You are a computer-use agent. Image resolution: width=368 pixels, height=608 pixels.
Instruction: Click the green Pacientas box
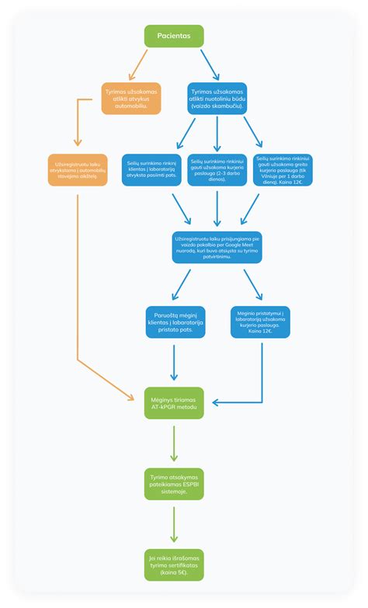point(174,36)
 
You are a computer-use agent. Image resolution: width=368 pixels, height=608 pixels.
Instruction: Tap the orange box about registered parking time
point(77,170)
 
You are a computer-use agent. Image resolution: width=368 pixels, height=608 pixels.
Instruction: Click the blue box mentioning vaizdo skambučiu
point(217,99)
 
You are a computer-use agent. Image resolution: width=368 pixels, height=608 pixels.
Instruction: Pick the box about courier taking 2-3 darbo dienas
point(217,170)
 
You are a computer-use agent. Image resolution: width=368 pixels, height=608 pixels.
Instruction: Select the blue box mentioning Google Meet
point(217,246)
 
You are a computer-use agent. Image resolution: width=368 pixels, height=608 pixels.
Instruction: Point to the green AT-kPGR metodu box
point(174,403)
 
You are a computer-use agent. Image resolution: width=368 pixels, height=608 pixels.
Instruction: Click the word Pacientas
point(174,36)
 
